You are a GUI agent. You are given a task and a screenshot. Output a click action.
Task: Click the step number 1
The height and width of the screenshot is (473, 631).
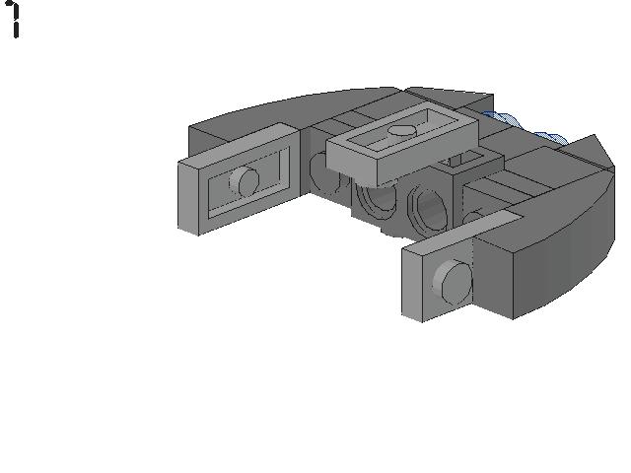point(15,20)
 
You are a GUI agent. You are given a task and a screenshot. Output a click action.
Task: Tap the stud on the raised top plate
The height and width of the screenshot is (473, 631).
point(401,128)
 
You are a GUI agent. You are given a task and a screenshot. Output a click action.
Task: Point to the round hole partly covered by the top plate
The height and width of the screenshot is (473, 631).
point(375,196)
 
